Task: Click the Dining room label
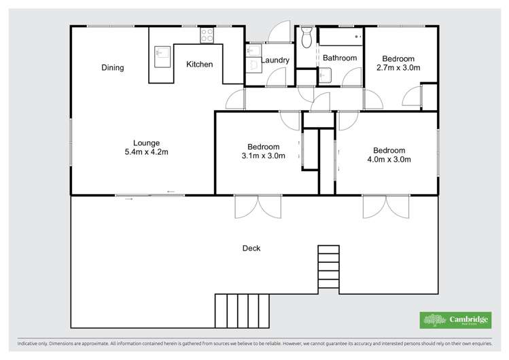(x=113, y=67)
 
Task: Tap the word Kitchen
(x=200, y=65)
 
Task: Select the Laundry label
(x=275, y=60)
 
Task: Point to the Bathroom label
(x=339, y=58)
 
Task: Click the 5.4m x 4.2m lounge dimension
(x=146, y=152)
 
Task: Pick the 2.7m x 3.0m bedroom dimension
(x=398, y=67)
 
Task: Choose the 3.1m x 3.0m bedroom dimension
(x=263, y=156)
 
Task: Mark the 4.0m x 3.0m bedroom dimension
(x=389, y=160)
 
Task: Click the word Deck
(x=251, y=248)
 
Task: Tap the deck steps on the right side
(x=328, y=268)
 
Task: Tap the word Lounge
(x=146, y=143)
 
